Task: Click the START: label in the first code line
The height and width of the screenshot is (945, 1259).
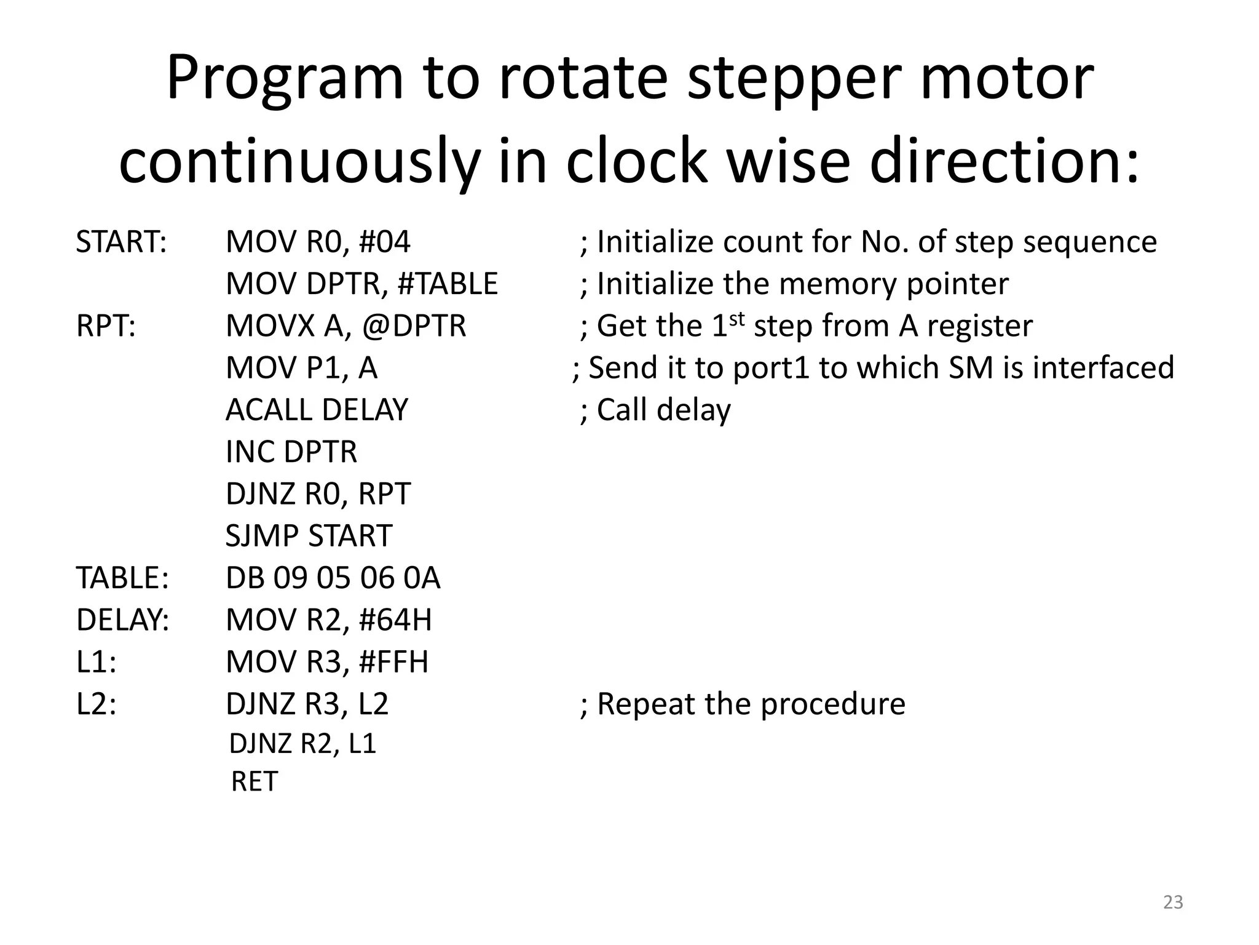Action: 121,242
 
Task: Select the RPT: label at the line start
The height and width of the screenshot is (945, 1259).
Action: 106,326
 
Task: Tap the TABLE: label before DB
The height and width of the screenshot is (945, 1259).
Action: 122,578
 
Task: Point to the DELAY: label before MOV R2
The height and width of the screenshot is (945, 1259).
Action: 122,620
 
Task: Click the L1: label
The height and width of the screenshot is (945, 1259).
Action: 97,662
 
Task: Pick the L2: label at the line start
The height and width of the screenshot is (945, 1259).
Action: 97,704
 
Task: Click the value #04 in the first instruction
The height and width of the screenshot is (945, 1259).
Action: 384,242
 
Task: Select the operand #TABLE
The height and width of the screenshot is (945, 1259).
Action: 448,284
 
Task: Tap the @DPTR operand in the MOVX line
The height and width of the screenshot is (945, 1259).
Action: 414,326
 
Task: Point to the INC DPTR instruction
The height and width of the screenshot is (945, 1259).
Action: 291,452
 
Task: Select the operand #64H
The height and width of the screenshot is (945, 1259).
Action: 395,620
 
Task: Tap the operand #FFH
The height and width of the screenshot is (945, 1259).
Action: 393,662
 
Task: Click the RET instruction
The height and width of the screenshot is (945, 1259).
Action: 255,782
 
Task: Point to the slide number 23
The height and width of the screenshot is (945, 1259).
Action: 1173,902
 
